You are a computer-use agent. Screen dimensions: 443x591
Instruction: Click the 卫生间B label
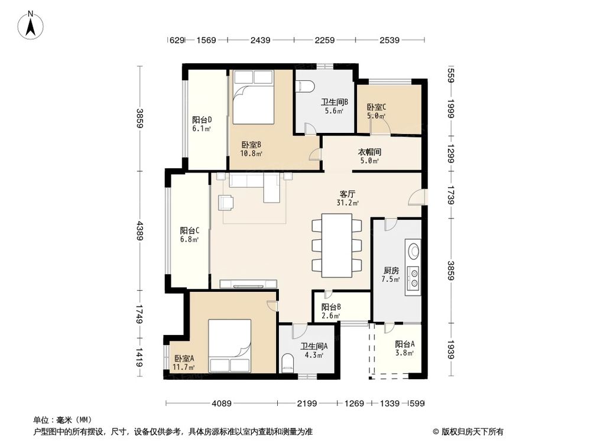pos(335,102)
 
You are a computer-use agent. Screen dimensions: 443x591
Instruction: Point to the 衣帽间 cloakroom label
pos(369,152)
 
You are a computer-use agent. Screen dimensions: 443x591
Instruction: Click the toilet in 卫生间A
pos(288,363)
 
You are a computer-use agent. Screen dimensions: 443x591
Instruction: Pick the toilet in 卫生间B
pos(306,87)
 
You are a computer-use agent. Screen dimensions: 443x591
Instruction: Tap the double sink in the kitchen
pos(412,278)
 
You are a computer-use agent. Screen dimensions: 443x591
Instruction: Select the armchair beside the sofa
pos(226,202)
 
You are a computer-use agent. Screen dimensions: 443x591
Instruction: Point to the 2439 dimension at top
pos(260,40)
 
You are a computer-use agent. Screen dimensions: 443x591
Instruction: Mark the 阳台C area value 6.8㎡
pos(189,239)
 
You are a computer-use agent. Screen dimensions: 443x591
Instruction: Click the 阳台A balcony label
pos(404,344)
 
